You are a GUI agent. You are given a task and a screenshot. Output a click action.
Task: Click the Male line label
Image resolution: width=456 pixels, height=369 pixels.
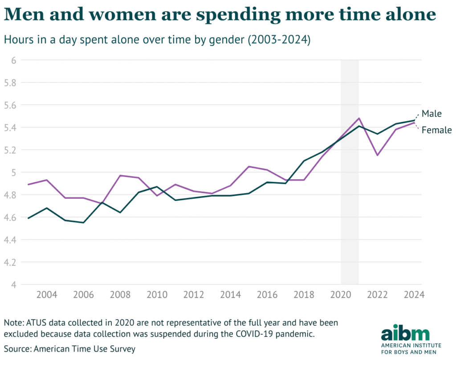(432, 114)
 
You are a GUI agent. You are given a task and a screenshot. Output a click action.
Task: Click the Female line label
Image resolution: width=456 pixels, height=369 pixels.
(436, 130)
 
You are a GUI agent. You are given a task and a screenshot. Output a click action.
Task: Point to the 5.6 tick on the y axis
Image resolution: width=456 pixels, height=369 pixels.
(10, 105)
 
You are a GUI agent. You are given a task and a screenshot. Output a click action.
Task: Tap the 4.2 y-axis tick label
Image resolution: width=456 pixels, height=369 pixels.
(10, 262)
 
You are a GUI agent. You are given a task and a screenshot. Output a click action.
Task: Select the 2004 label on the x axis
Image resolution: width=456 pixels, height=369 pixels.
(47, 295)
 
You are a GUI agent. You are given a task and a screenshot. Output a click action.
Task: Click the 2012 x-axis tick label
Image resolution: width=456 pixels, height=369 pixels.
(194, 295)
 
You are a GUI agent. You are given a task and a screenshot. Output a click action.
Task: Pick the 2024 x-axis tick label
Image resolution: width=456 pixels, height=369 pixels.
(414, 295)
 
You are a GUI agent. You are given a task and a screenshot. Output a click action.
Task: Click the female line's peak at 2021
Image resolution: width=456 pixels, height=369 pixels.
(359, 118)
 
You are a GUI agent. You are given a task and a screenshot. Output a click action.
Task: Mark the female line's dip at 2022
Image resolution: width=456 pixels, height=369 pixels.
(378, 155)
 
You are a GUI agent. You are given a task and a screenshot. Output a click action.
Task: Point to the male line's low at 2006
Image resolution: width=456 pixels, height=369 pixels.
(83, 223)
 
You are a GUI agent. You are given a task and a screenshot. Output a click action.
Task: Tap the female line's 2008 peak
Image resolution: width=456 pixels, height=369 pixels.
(120, 176)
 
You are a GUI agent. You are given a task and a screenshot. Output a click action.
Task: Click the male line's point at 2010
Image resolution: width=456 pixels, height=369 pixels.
(157, 187)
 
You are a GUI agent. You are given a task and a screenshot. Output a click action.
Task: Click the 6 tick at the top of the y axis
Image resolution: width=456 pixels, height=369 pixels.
(14, 60)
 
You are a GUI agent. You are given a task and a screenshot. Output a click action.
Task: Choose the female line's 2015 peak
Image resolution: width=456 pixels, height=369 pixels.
(249, 167)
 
